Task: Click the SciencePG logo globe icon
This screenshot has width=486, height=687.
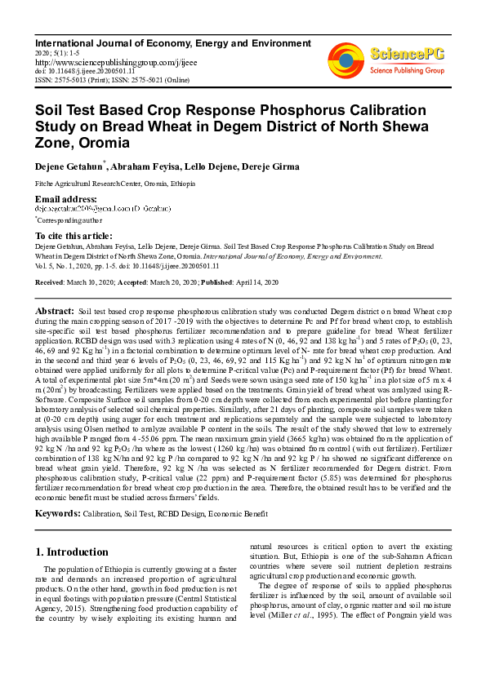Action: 346,59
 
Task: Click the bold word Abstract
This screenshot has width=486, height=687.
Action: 55,312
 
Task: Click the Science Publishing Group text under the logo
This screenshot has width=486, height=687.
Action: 406,71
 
